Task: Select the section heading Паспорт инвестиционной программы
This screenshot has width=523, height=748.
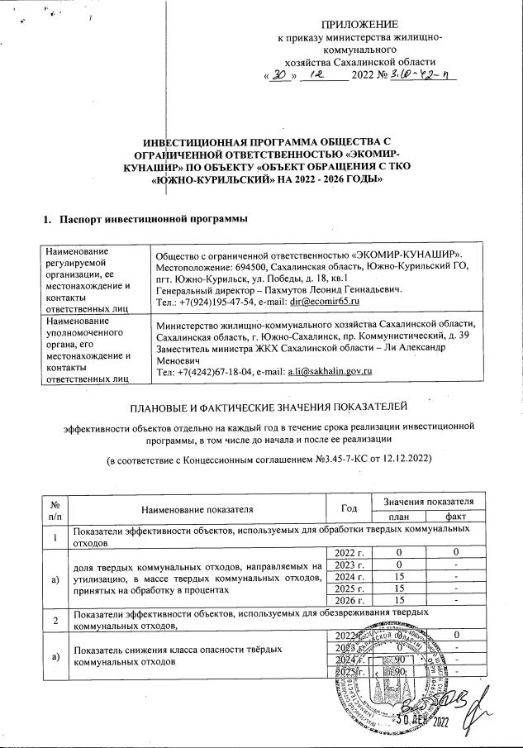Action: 145,219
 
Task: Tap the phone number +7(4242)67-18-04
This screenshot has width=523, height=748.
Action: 207,369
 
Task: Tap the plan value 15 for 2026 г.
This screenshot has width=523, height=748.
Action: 398,599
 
